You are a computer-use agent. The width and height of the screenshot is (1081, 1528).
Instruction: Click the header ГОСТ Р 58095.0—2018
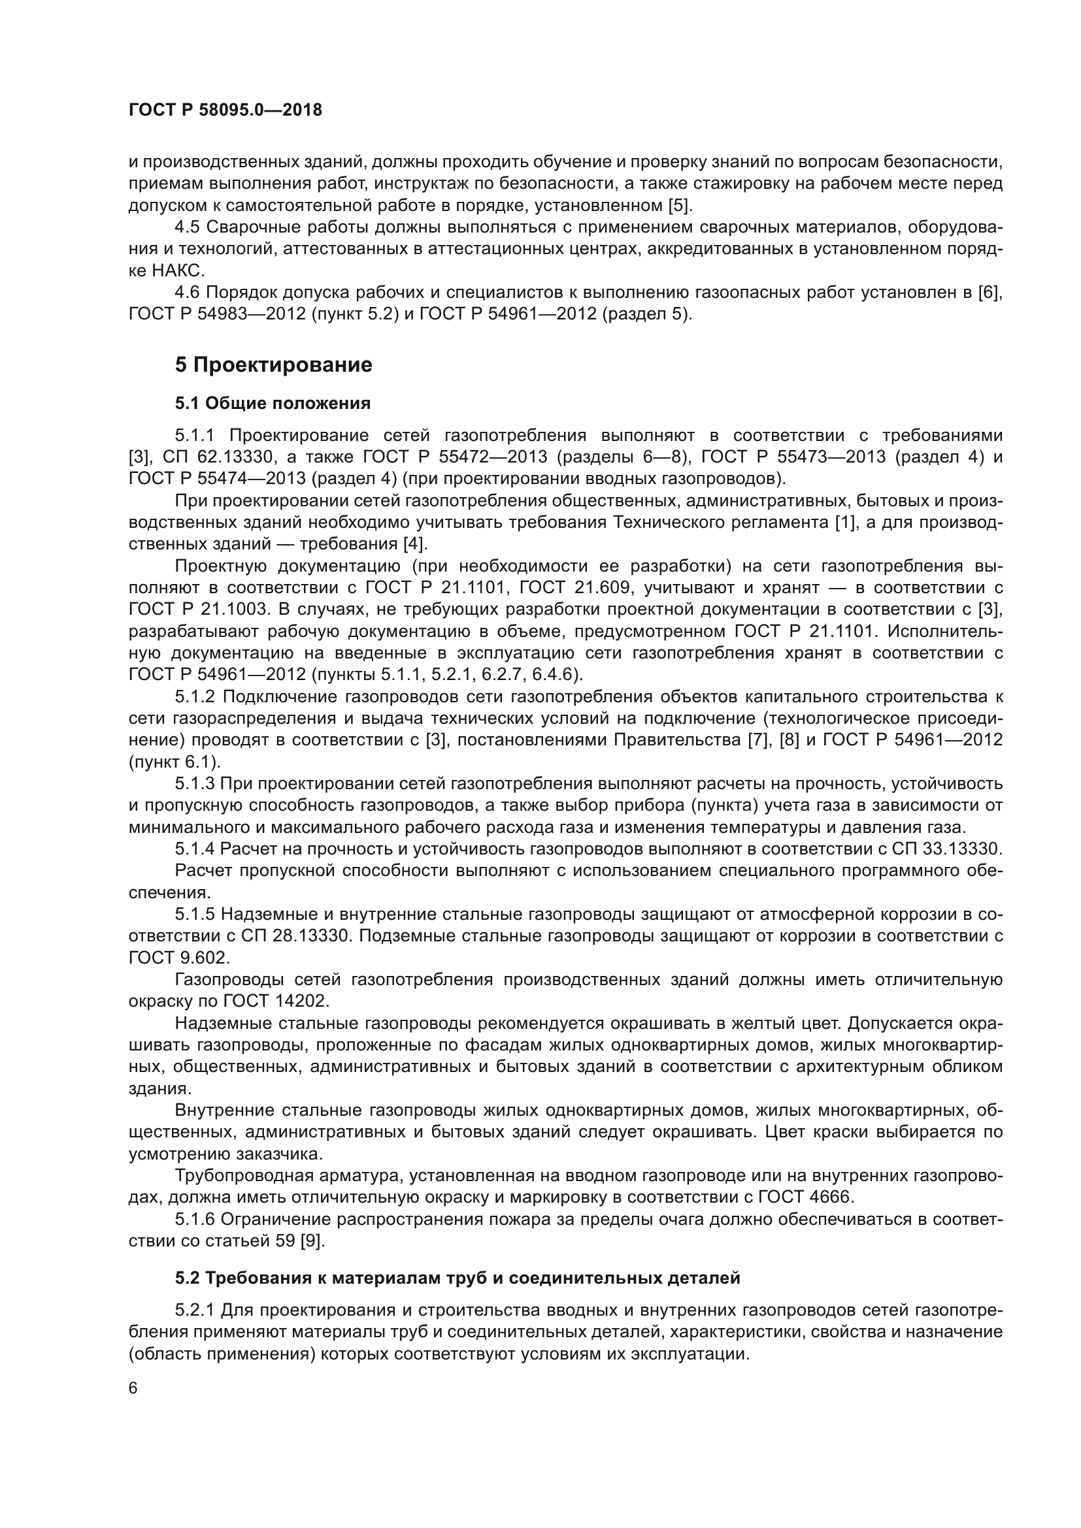coord(225,110)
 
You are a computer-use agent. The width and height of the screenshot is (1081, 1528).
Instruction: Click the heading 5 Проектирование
coord(274,365)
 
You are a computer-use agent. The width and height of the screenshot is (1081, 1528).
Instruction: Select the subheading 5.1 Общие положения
coord(273,403)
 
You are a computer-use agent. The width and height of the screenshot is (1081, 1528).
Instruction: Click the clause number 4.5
coord(187,227)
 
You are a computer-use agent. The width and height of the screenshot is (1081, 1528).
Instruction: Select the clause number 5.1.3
coord(194,784)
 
